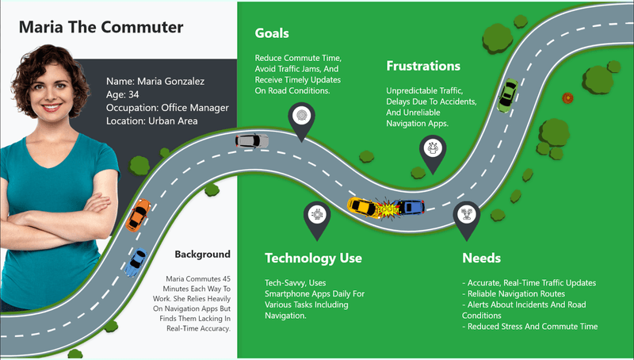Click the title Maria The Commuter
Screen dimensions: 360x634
tap(101, 28)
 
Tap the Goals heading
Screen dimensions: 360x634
tap(271, 33)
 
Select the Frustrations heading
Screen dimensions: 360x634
tap(423, 65)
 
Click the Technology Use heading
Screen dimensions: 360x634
tap(313, 258)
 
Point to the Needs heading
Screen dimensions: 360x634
tap(481, 258)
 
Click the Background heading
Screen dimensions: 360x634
tap(203, 255)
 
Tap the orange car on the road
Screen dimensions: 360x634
tap(138, 213)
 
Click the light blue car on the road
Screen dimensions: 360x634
tap(136, 262)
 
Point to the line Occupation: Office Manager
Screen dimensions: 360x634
tap(167, 107)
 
